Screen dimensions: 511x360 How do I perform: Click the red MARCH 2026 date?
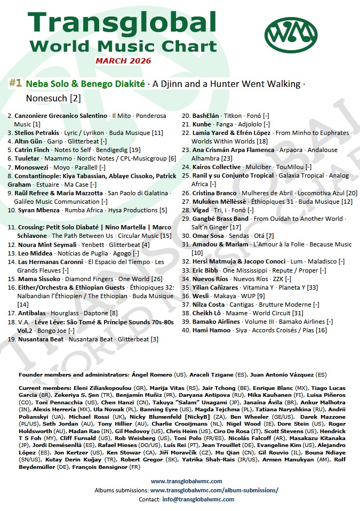(123, 61)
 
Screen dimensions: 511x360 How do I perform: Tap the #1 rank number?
(15, 83)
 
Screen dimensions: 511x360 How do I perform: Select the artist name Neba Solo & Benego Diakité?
(85, 84)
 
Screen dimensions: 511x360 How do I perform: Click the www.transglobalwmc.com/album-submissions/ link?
(214, 490)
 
